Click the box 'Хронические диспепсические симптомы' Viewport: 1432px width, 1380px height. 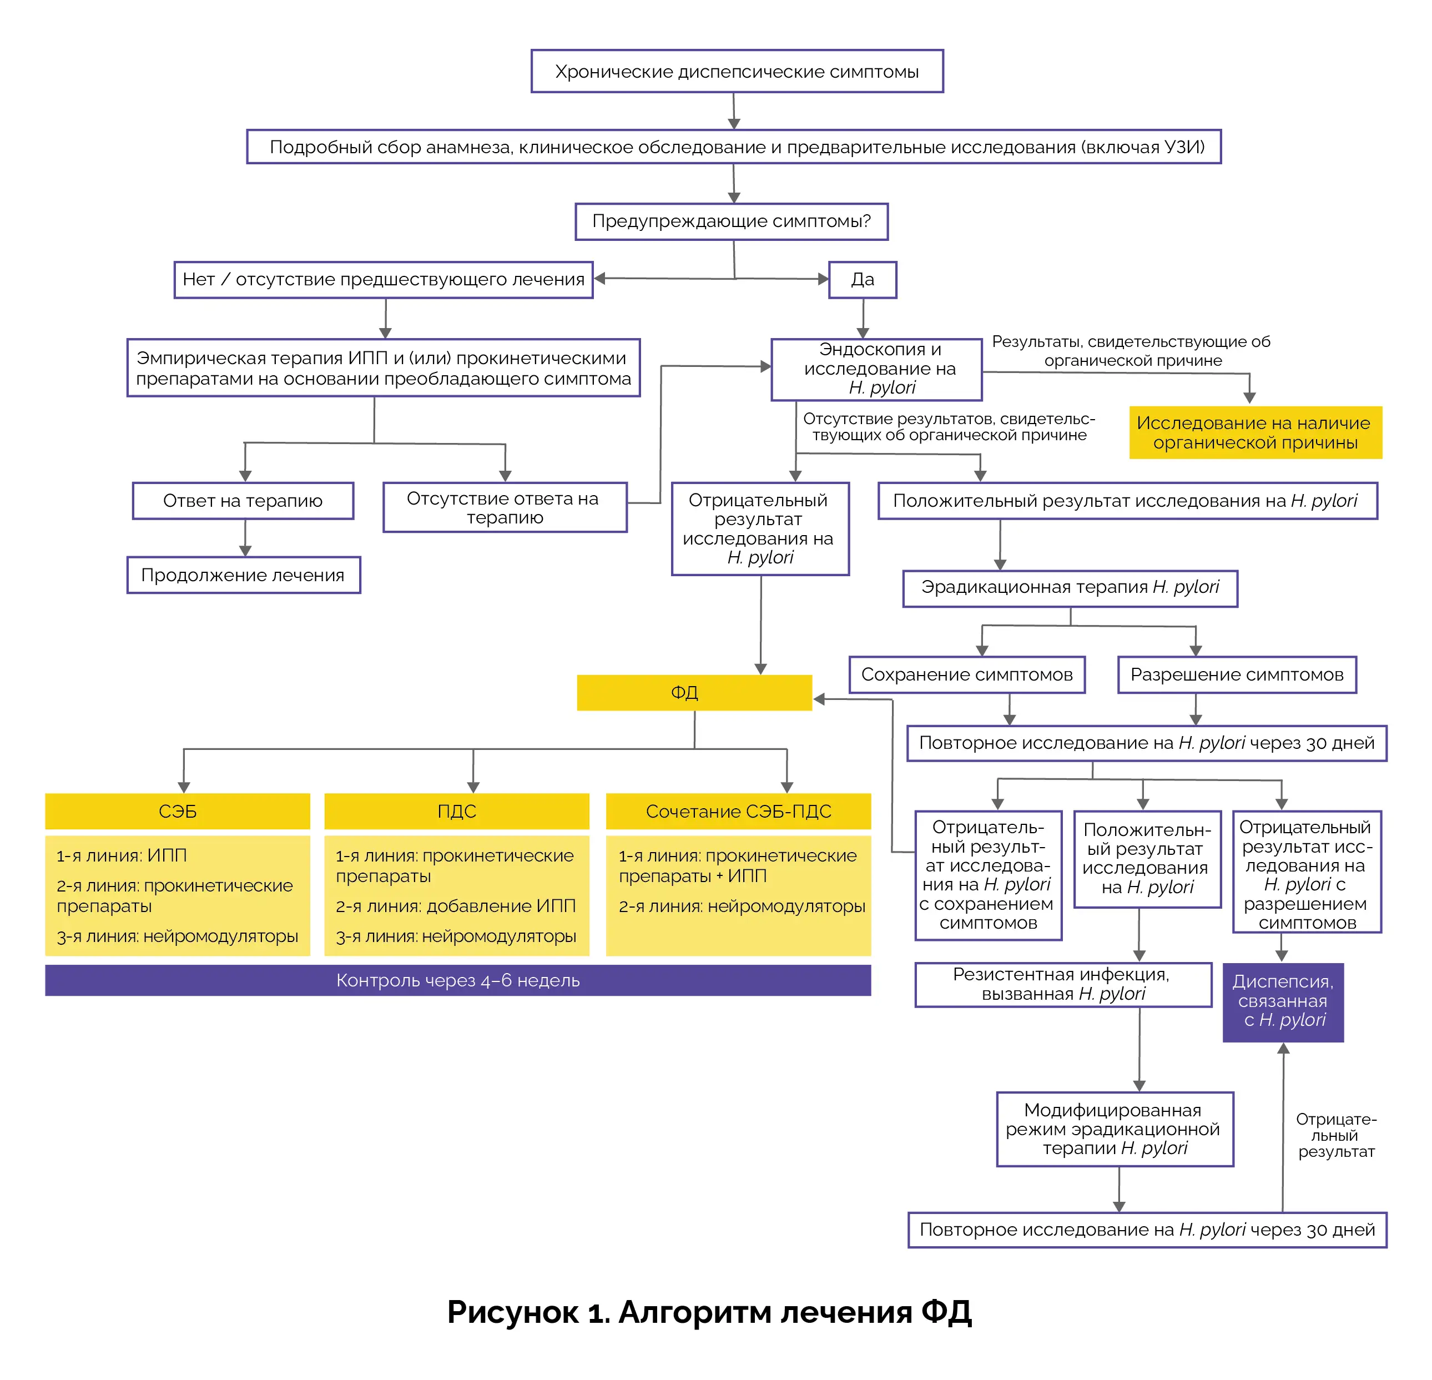tap(737, 72)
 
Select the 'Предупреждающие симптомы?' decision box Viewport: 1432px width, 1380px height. tap(732, 221)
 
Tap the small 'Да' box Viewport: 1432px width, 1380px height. tap(862, 280)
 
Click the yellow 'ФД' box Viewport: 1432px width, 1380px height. tap(694, 693)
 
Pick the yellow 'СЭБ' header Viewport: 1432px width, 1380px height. tap(178, 811)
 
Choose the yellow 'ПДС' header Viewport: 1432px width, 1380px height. tap(457, 811)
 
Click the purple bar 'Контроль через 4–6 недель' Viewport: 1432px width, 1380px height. tap(457, 980)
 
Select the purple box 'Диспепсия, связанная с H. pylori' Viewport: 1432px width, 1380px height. tap(1283, 1001)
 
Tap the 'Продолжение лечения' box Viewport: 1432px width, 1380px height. tap(243, 575)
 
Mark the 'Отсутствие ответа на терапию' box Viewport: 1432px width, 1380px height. tap(504, 508)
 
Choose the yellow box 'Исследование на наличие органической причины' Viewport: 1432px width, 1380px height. tap(1255, 432)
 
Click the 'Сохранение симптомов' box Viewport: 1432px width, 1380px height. tap(967, 674)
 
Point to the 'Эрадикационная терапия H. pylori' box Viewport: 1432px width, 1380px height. tap(1070, 588)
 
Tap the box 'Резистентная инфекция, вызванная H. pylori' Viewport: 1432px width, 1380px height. tap(1063, 984)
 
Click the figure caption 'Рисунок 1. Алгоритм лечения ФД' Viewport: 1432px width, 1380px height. tap(709, 1312)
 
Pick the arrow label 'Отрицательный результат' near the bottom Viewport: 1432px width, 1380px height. tap(1335, 1135)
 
